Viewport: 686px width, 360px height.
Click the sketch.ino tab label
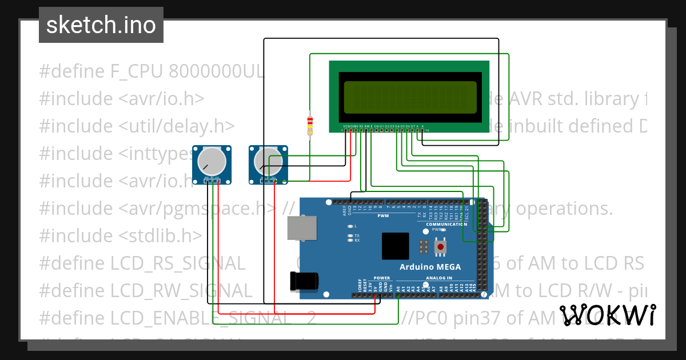point(101,25)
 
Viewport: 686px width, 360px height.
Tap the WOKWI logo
point(607,315)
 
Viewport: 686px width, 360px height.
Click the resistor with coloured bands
point(310,125)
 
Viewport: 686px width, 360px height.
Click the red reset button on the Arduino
point(441,247)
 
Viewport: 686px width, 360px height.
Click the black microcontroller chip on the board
point(396,246)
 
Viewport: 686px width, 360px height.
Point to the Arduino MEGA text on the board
point(430,267)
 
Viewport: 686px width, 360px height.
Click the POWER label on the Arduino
point(381,278)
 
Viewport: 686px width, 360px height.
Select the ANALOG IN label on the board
point(438,278)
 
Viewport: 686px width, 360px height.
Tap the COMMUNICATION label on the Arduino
point(446,225)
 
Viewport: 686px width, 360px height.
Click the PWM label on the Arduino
point(383,215)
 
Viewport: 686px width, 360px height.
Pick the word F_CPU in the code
point(135,71)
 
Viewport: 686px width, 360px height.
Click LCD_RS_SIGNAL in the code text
point(178,263)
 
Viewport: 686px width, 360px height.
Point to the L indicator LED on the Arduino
point(350,226)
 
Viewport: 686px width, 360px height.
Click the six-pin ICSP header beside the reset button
point(424,247)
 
